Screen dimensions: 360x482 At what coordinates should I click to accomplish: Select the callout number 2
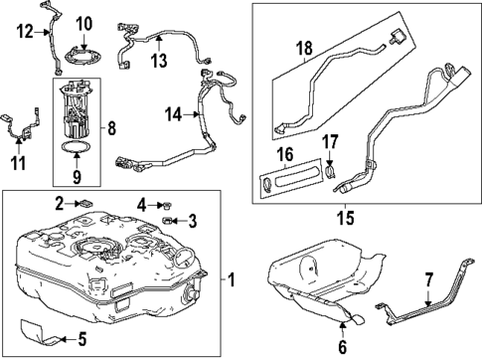[61, 204]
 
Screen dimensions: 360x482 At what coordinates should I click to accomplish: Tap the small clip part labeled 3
[171, 220]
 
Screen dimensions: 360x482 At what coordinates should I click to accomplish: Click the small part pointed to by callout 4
[166, 205]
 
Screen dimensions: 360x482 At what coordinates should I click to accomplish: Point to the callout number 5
[81, 338]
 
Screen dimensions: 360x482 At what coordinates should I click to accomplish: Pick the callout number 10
[83, 23]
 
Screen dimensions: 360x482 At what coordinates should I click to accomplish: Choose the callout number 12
[24, 31]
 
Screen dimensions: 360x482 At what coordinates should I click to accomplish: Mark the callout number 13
[159, 62]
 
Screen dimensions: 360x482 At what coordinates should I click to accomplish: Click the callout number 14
[173, 114]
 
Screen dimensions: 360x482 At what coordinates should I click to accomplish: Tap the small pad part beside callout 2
[85, 204]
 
